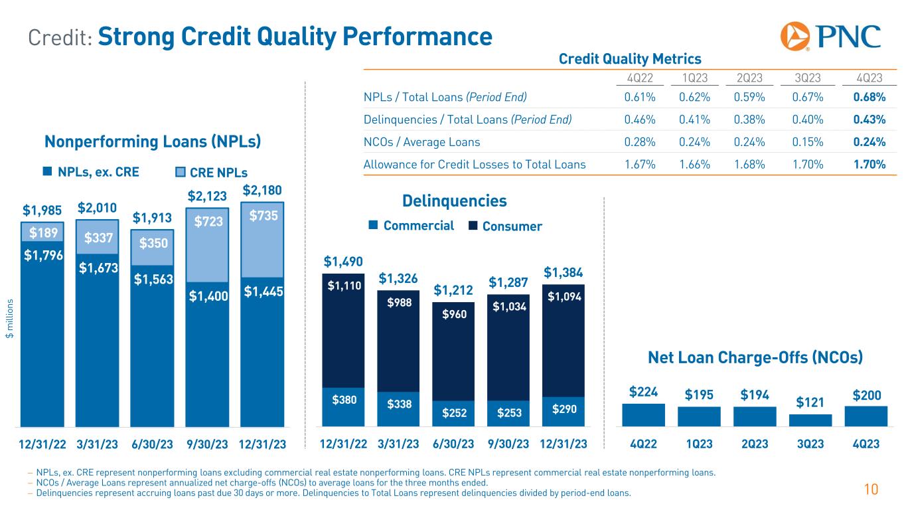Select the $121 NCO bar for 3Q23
click(x=810, y=420)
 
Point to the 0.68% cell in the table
click(x=869, y=98)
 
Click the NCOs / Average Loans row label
click(x=421, y=141)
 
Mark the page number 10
click(x=871, y=490)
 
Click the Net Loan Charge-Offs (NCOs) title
click(x=755, y=358)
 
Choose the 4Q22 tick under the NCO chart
click(x=643, y=444)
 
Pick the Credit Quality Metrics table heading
click(x=630, y=58)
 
